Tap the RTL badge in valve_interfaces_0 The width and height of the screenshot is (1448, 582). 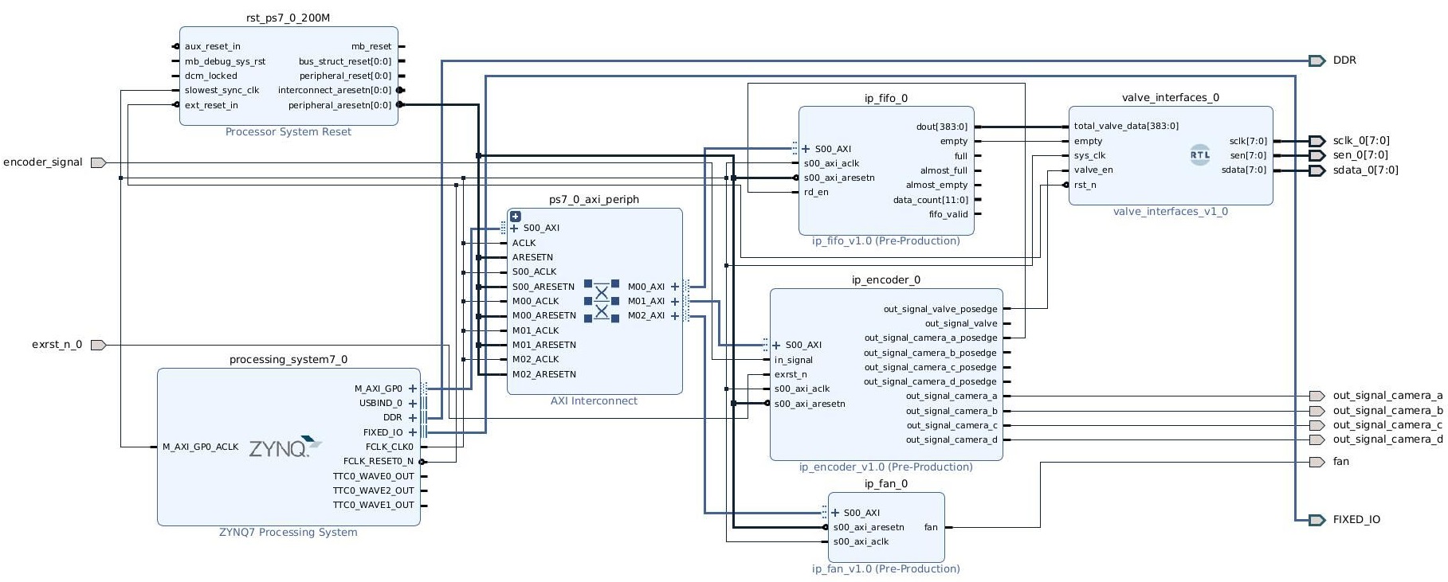click(1199, 155)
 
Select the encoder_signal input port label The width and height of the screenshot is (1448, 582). click(43, 162)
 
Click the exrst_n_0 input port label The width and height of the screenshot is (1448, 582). click(57, 345)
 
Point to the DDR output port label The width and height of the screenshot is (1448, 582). click(1344, 61)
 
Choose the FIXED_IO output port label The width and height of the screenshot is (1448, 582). click(1356, 520)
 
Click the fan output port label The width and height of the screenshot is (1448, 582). click(1340, 462)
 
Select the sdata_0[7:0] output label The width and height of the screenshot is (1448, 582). click(1364, 170)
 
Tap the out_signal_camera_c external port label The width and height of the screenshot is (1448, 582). click(1387, 425)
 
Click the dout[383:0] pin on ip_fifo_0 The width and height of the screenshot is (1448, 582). click(941, 127)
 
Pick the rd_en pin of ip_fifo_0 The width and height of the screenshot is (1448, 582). click(815, 192)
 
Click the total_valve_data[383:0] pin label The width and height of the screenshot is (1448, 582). click(1125, 126)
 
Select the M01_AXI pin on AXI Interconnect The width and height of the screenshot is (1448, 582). click(646, 301)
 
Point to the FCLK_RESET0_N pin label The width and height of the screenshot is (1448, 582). click(378, 461)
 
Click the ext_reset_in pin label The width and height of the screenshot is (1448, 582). click(211, 105)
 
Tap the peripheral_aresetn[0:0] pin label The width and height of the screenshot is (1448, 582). click(339, 105)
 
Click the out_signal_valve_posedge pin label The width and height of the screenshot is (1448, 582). click(940, 309)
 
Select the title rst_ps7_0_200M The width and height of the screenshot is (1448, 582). click(288, 18)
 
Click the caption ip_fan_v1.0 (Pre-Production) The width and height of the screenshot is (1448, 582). click(885, 569)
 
